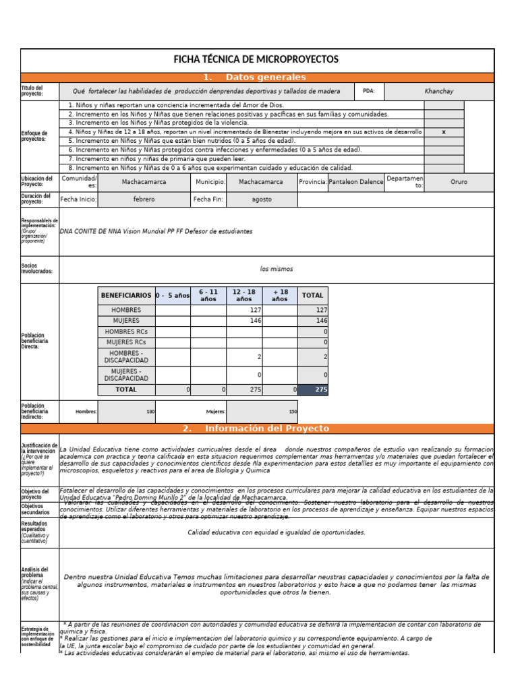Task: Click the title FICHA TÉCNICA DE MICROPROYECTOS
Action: point(256,60)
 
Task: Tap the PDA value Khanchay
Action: point(439,91)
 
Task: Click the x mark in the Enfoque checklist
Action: point(443,132)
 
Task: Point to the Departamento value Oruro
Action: point(459,182)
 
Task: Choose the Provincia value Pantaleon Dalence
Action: point(355,182)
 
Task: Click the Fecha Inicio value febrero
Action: point(144,199)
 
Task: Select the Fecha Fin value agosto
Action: point(261,199)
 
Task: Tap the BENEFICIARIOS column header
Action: point(126,295)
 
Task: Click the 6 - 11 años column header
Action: point(208,295)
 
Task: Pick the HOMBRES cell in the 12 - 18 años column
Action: point(244,310)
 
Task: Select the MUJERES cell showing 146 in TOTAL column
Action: point(313,321)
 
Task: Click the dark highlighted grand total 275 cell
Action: point(313,389)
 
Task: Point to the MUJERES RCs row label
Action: point(126,342)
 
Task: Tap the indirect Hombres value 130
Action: point(150,411)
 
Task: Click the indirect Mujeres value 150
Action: point(292,411)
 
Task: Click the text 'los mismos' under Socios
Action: point(277,269)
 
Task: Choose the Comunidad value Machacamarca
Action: point(144,182)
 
